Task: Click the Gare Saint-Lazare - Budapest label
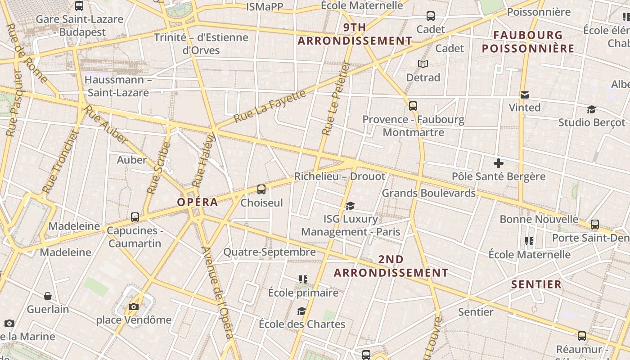pyautogui.click(x=79, y=26)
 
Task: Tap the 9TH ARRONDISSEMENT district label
pyautogui.click(x=355, y=34)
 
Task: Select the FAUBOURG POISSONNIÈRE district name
pyautogui.click(x=528, y=42)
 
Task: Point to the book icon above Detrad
pyautogui.click(x=423, y=64)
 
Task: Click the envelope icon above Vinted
pyautogui.click(x=525, y=95)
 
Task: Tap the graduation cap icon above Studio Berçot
pyautogui.click(x=591, y=110)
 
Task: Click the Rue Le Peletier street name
pyautogui.click(x=336, y=99)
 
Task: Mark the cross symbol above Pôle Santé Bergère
pyautogui.click(x=498, y=163)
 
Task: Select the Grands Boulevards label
pyautogui.click(x=428, y=193)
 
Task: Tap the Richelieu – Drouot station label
pyautogui.click(x=340, y=176)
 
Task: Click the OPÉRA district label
pyautogui.click(x=198, y=202)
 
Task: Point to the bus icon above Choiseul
pyautogui.click(x=261, y=189)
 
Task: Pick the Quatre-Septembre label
pyautogui.click(x=270, y=252)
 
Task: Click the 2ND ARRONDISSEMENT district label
pyautogui.click(x=391, y=266)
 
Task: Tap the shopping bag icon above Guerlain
pyautogui.click(x=48, y=296)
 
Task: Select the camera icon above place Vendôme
pyautogui.click(x=134, y=307)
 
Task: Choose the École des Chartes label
pyautogui.click(x=302, y=324)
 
